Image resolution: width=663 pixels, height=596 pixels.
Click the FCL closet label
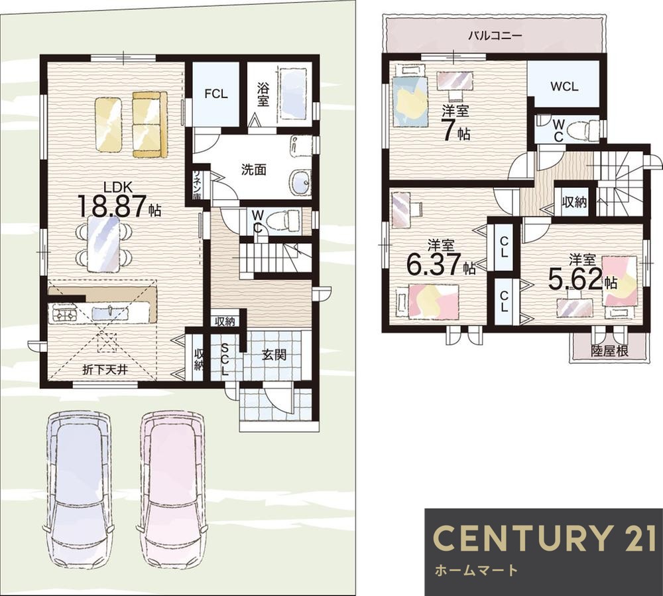click(x=216, y=94)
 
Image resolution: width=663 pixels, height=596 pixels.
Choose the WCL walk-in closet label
click(x=564, y=86)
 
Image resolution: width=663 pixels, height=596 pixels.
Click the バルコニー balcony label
click(x=495, y=35)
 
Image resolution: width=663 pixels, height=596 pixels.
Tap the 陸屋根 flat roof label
click(x=609, y=350)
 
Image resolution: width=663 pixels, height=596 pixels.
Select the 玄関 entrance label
click(x=274, y=354)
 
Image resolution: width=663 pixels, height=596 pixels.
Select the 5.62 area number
click(x=575, y=279)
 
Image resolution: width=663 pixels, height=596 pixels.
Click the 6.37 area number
click(x=434, y=263)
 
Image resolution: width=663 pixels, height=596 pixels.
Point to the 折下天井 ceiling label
click(x=105, y=370)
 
